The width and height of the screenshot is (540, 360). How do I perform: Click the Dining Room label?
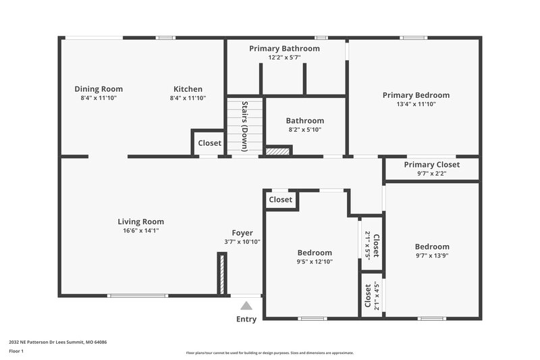[99, 88]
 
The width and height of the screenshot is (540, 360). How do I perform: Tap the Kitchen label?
[188, 88]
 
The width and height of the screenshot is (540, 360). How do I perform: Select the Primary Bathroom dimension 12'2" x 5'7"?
[284, 57]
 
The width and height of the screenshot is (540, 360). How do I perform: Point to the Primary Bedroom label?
[416, 95]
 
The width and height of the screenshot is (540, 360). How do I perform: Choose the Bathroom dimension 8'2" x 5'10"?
[304, 130]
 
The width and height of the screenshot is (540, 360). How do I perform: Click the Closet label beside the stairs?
[209, 143]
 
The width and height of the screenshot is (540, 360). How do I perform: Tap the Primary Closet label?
[431, 165]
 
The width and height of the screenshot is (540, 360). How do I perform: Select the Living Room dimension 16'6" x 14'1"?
[140, 230]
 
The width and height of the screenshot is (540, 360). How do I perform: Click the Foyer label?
[242, 233]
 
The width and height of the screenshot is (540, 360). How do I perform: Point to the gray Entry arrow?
[246, 305]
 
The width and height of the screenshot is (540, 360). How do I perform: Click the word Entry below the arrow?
[246, 319]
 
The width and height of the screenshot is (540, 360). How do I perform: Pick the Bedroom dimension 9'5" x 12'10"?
[314, 261]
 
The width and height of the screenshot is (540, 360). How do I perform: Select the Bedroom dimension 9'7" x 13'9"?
[431, 256]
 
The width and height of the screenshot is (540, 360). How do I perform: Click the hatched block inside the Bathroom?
[277, 151]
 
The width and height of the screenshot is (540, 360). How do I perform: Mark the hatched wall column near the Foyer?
[221, 274]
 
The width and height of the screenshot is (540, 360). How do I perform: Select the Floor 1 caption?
[17, 351]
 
